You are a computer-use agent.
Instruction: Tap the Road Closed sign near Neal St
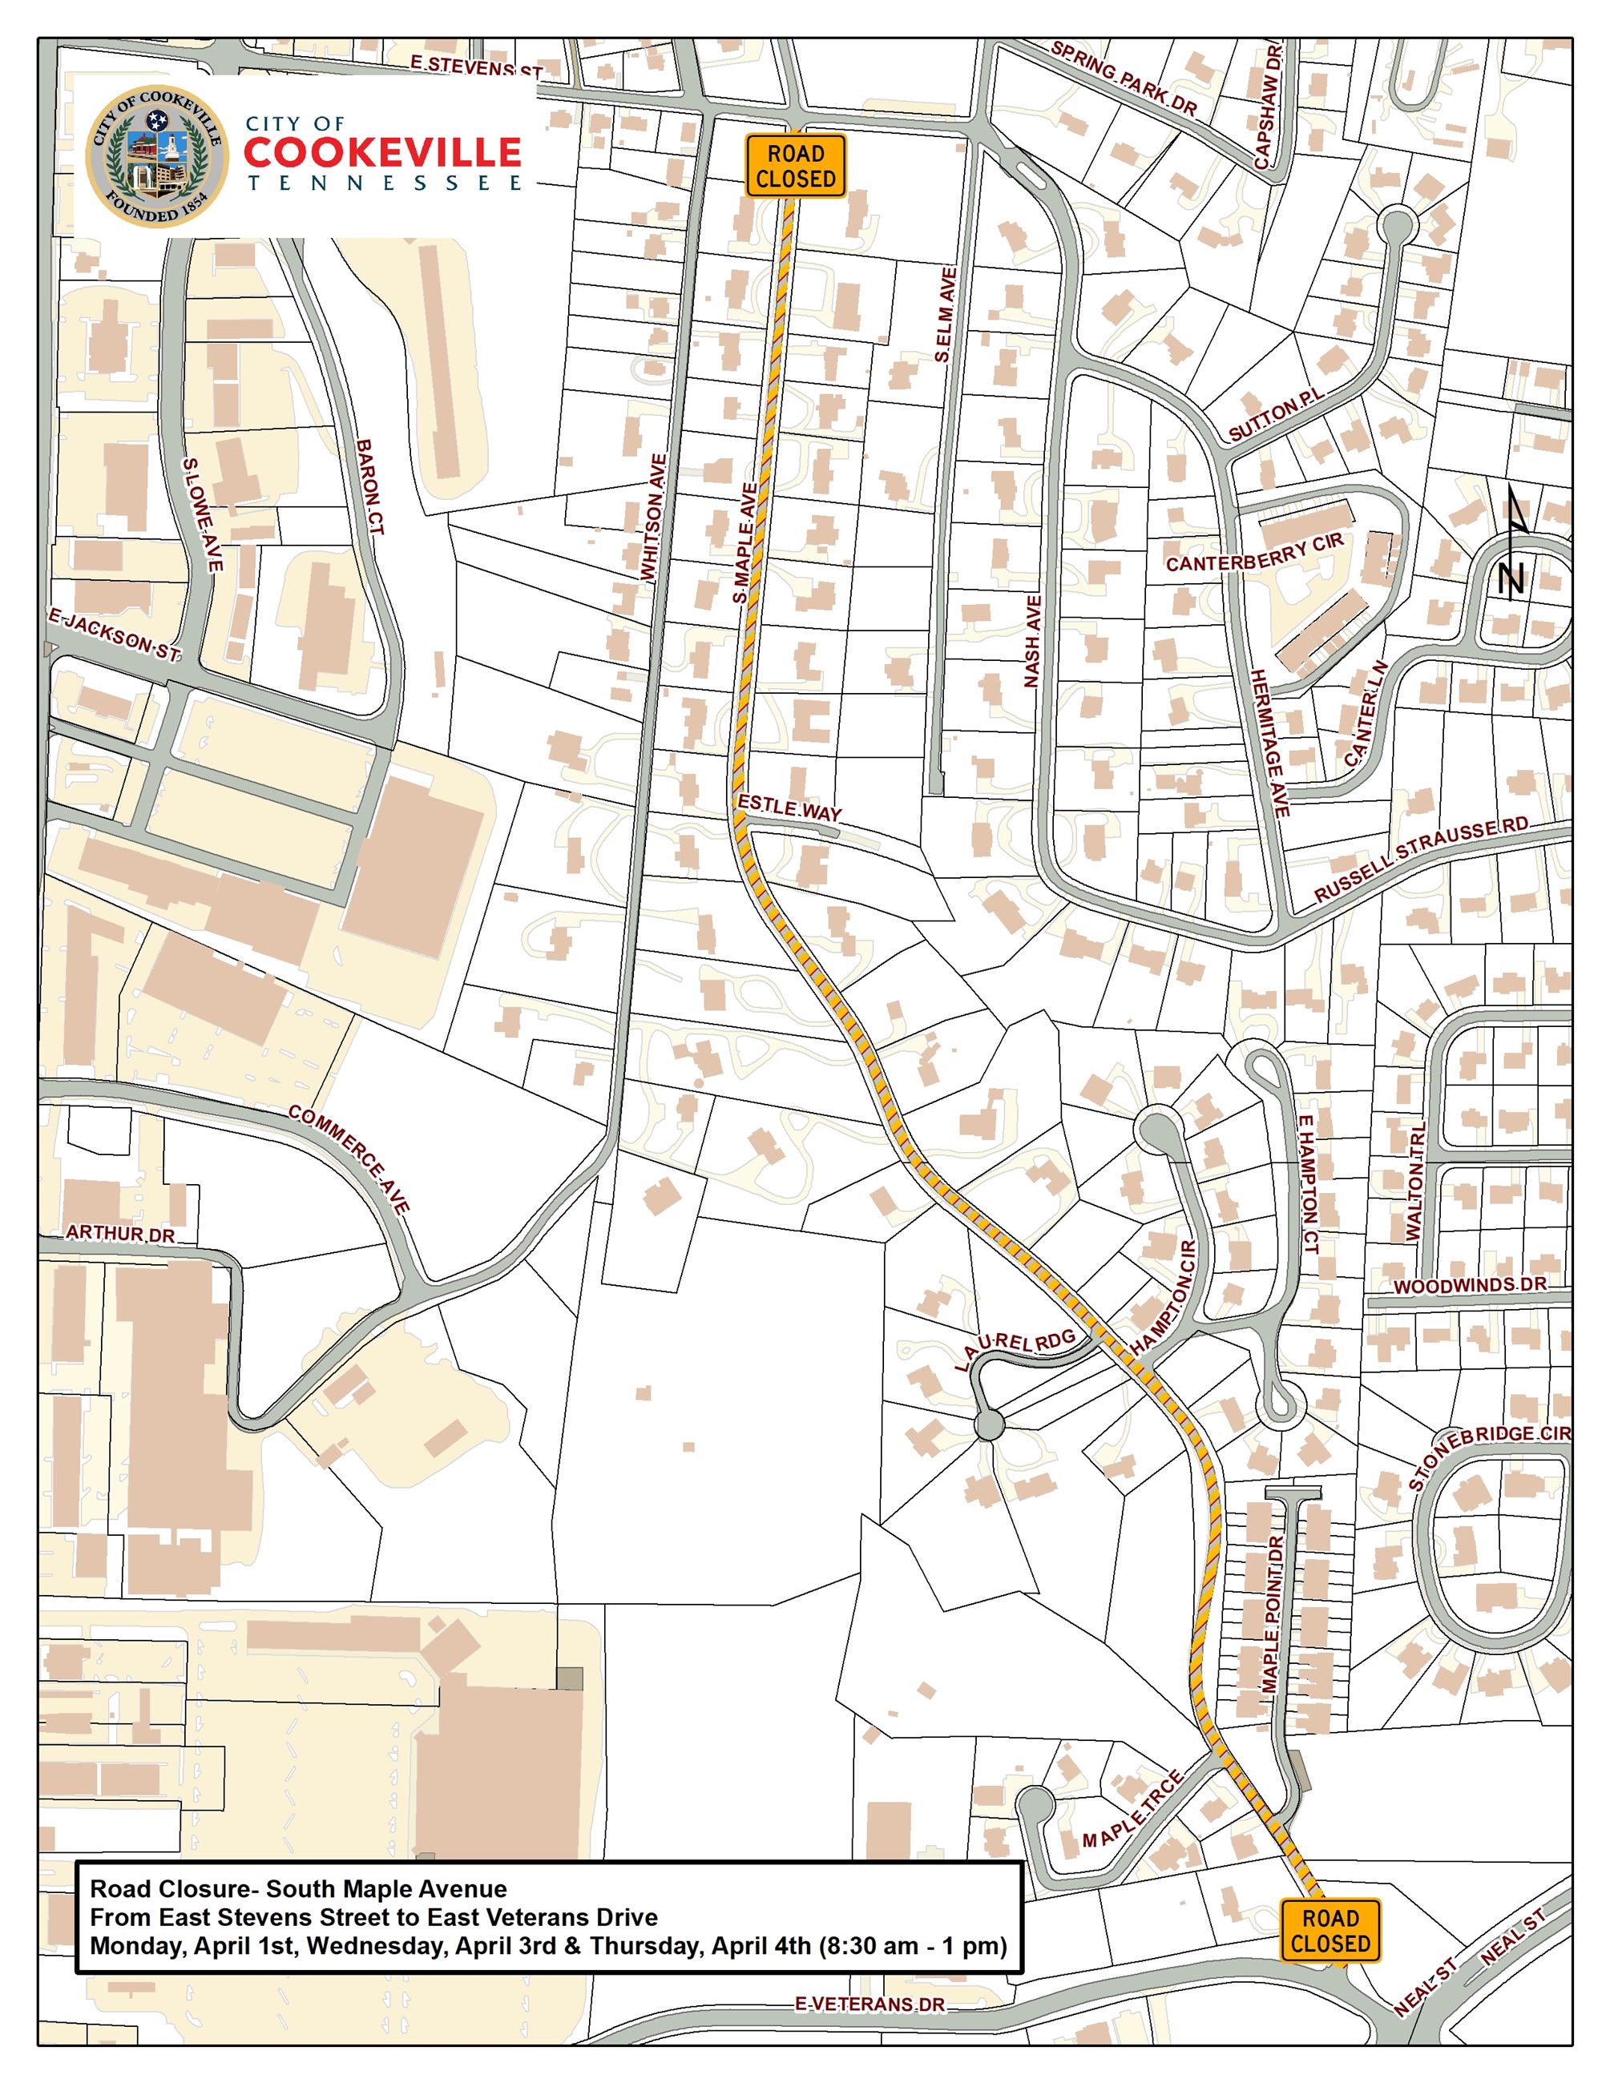click(x=1330, y=1931)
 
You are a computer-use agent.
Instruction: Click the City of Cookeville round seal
click(x=157, y=156)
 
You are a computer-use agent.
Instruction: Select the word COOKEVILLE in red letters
click(x=381, y=152)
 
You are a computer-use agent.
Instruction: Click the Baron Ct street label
click(x=369, y=486)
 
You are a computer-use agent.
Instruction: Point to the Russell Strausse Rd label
click(x=1420, y=860)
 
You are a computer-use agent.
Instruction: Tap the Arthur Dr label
click(x=120, y=1234)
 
